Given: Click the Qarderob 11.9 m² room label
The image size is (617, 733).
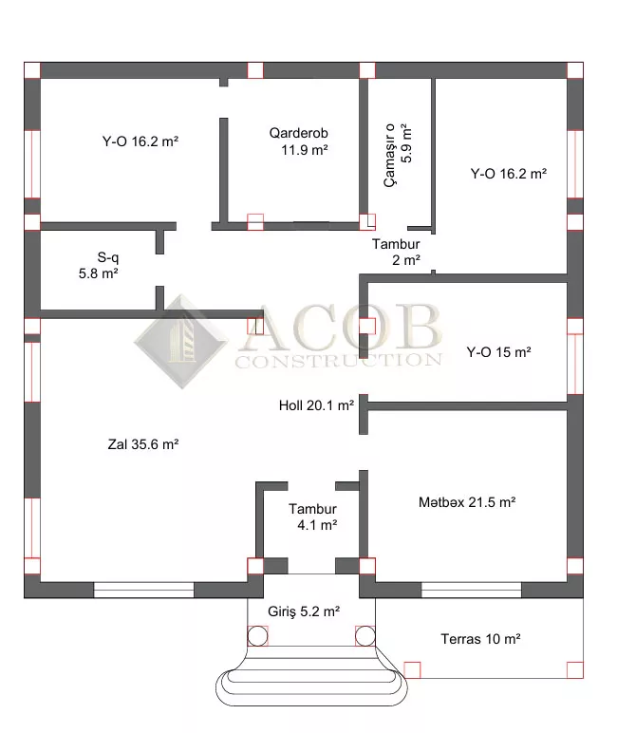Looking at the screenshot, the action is tap(299, 141).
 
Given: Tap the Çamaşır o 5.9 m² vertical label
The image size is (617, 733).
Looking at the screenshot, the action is tap(398, 155).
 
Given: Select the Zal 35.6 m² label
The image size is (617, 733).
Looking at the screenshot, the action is tap(143, 444).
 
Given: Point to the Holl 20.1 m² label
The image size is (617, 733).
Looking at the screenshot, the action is tap(316, 405).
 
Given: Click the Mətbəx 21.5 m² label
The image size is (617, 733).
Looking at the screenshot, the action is tap(467, 502).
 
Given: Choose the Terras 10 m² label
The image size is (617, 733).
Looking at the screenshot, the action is tap(480, 639).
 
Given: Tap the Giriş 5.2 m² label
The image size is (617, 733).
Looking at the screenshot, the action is tap(304, 611).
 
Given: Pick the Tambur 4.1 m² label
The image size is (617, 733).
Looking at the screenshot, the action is tap(312, 517).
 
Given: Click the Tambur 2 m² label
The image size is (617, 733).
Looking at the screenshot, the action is tap(396, 252).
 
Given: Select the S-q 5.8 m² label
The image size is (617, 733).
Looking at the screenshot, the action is tap(99, 265).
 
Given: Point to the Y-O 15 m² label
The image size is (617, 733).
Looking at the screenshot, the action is tap(498, 352).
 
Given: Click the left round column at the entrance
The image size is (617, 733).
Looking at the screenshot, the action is tap(257, 636).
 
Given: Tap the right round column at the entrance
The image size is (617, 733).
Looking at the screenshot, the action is tap(365, 636).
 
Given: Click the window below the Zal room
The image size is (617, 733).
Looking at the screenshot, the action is tap(143, 590).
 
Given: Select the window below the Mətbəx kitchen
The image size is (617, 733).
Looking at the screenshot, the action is tap(471, 590).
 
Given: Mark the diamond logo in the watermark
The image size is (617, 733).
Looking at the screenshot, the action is tap(181, 342).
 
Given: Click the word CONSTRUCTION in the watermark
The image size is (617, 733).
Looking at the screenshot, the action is tap(339, 361).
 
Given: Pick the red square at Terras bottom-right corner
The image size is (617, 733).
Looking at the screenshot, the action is tap(575, 670).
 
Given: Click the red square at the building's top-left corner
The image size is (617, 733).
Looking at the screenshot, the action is tap(32, 70).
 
